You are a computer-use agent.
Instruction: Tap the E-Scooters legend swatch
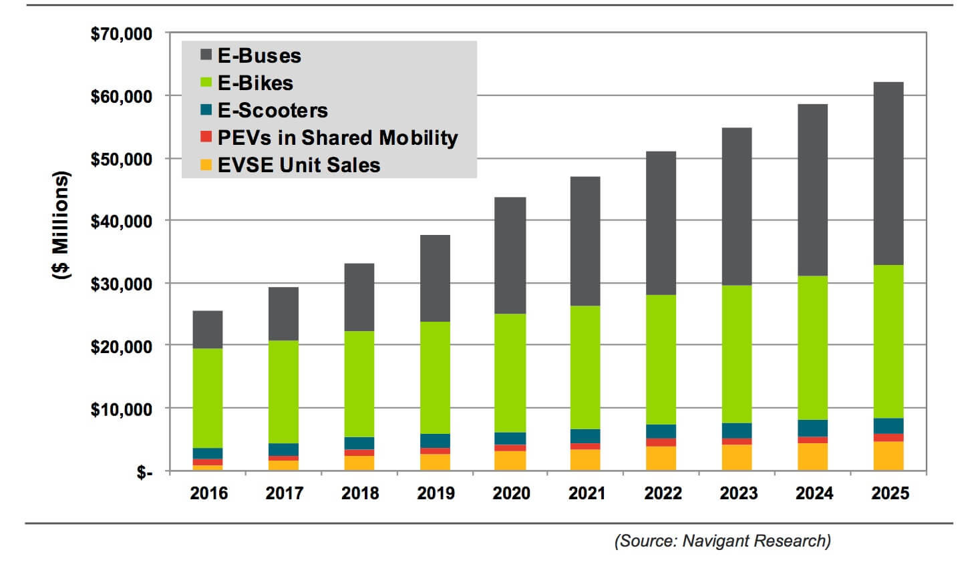206,109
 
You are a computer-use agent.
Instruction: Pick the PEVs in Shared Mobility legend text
337,137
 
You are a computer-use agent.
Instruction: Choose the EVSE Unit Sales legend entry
299,165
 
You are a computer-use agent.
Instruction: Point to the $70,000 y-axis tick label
122,33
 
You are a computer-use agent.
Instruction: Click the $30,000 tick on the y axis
122,284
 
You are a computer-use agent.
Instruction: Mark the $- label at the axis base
144,473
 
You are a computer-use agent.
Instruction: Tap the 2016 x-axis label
208,493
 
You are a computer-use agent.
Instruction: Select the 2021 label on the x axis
587,493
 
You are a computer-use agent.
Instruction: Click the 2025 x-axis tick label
890,493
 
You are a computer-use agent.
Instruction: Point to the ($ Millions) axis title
61,225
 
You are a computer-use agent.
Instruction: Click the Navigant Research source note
722,541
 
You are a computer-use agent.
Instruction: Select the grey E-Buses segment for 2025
888,174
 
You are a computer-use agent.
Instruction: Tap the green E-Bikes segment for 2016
208,398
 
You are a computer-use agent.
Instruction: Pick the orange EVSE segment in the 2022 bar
661,459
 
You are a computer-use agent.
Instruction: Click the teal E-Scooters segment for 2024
812,428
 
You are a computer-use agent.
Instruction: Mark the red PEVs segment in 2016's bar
208,462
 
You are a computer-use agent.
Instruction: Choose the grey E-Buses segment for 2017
283,314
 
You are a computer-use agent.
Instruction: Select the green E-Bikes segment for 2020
510,373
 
